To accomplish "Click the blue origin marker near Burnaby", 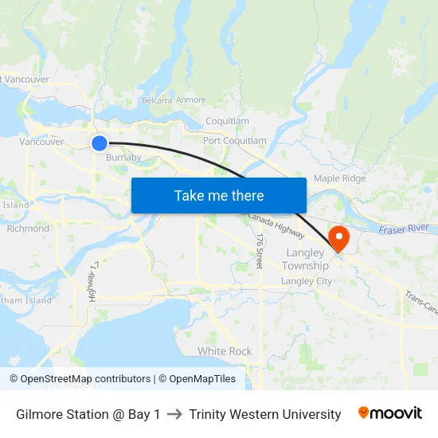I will [99, 143].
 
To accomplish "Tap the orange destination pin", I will [339, 237].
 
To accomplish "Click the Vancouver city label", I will [41, 142].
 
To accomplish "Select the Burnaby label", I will [123, 158].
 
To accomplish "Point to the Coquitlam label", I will [228, 121].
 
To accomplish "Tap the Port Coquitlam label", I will [235, 141].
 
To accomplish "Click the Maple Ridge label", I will [340, 178].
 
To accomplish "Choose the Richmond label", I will [28, 229].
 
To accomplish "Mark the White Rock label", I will [225, 351].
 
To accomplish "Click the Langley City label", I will [307, 281].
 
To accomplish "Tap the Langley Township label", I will [306, 259].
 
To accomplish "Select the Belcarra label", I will [156, 100].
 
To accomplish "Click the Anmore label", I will [191, 100].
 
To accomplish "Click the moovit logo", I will [390, 413].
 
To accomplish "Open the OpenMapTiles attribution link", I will [197, 379].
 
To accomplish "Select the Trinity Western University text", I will [265, 414].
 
